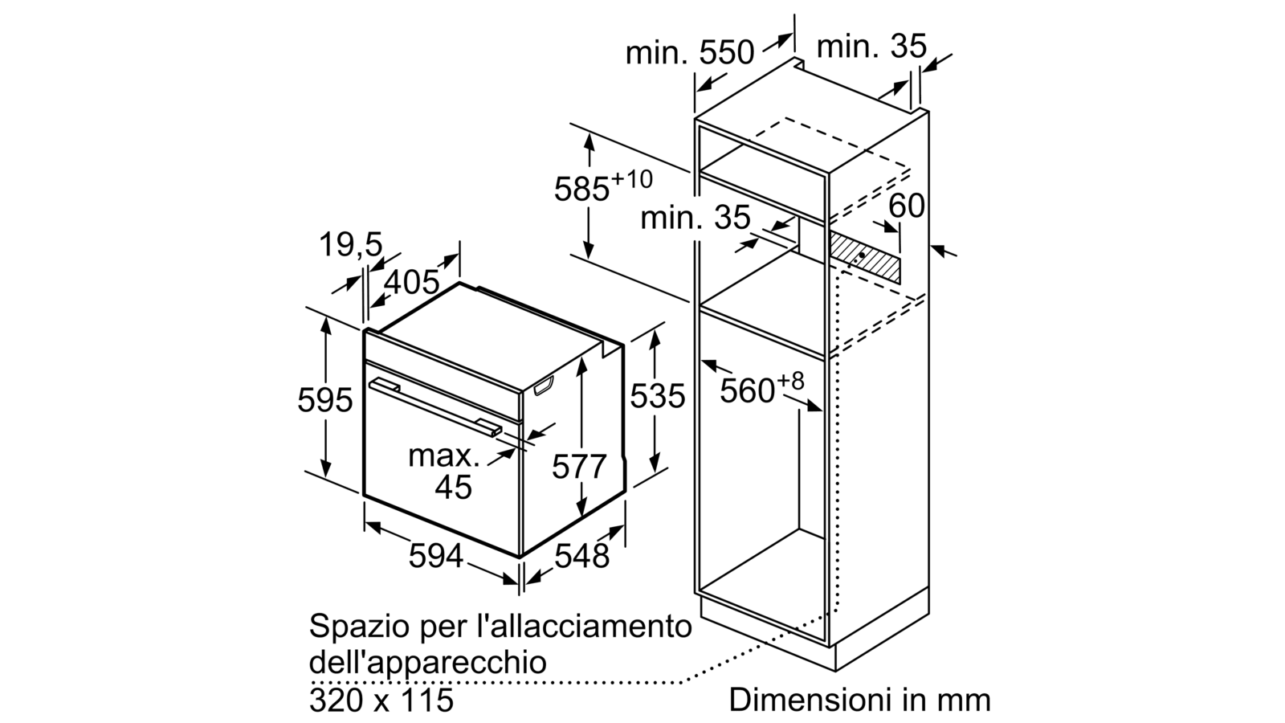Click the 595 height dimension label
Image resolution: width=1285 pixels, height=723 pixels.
tap(324, 400)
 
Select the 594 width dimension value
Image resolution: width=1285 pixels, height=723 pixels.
tap(436, 555)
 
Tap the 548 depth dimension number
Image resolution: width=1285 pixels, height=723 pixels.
tap(581, 555)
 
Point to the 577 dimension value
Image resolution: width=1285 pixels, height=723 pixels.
tap(579, 466)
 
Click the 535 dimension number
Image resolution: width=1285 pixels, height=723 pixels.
tap(658, 395)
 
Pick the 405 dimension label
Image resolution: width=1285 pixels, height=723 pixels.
tap(411, 282)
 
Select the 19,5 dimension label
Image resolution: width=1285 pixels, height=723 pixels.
tap(350, 244)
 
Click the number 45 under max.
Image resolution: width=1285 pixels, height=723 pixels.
tap(453, 487)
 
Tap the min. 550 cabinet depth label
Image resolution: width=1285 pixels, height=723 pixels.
tap(690, 53)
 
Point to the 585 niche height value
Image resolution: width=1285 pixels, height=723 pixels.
tap(581, 189)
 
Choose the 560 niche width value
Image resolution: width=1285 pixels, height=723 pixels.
tap(748, 391)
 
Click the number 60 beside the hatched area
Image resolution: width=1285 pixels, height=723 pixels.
tap(907, 206)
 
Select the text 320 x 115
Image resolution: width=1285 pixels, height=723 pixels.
tap(381, 700)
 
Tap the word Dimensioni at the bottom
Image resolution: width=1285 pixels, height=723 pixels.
tap(802, 700)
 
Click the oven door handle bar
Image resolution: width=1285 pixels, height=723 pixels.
tap(435, 409)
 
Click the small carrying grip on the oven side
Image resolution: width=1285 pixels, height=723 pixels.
tap(543, 385)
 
